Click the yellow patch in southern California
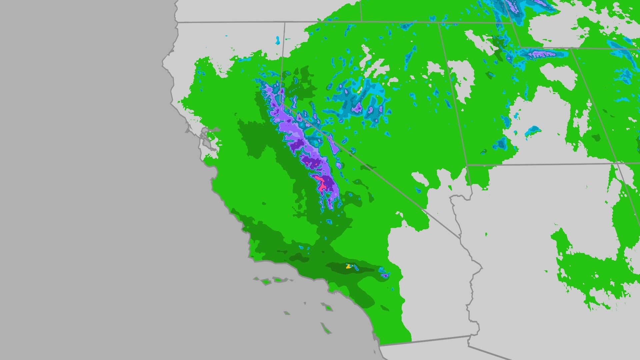pos(349,266)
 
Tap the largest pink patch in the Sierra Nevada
pos(321,183)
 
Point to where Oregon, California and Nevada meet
pos(284,22)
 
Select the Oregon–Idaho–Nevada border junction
pos(361,22)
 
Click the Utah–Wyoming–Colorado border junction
pos(571,48)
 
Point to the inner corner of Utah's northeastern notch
pos(520,46)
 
